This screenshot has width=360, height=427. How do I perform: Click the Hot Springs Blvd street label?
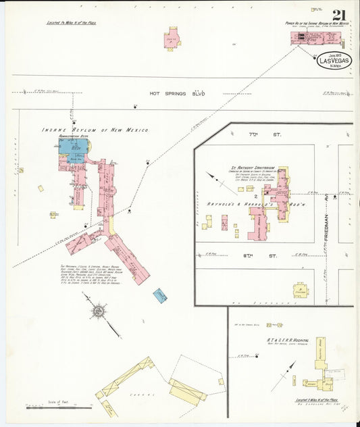[177, 93]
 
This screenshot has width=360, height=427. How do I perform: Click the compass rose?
[99, 311]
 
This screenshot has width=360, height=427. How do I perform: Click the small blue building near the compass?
[160, 295]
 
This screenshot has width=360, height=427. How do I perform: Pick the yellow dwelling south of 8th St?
[299, 291]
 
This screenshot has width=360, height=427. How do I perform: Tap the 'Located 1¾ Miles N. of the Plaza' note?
[71, 22]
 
